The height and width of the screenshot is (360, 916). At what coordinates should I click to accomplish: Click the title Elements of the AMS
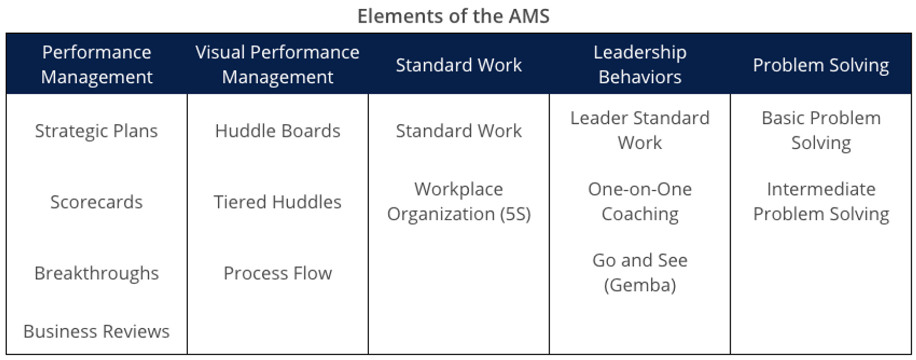[453, 16]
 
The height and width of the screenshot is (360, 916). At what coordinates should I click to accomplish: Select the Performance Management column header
[97, 64]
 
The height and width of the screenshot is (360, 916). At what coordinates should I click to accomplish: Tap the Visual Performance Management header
[278, 64]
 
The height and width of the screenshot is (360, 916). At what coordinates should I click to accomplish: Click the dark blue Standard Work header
[459, 65]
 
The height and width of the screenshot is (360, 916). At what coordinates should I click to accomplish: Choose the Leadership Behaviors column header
[639, 64]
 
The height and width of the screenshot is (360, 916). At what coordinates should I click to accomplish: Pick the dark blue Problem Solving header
[820, 65]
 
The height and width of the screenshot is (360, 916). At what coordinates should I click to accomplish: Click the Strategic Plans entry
[96, 131]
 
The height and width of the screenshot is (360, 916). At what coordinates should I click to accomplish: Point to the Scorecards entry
[96, 202]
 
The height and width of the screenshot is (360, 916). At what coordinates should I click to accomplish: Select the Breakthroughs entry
[96, 273]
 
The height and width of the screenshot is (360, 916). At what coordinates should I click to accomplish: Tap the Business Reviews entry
[96, 331]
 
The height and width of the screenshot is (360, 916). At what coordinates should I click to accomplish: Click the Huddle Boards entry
[278, 131]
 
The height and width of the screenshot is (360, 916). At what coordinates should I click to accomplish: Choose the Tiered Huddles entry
[278, 202]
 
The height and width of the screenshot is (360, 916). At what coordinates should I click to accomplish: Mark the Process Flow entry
[278, 273]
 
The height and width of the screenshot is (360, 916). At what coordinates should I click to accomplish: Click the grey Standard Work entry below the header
[459, 131]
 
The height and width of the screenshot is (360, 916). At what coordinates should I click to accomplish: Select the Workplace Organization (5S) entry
[459, 201]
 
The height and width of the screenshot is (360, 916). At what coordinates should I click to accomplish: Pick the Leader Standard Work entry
[639, 130]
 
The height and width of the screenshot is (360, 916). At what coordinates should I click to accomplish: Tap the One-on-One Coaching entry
[639, 201]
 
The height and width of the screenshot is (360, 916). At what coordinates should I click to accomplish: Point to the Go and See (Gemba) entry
[639, 273]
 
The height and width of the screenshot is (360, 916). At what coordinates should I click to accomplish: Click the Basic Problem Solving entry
[821, 130]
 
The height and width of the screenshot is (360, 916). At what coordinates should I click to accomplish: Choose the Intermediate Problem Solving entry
[821, 201]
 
